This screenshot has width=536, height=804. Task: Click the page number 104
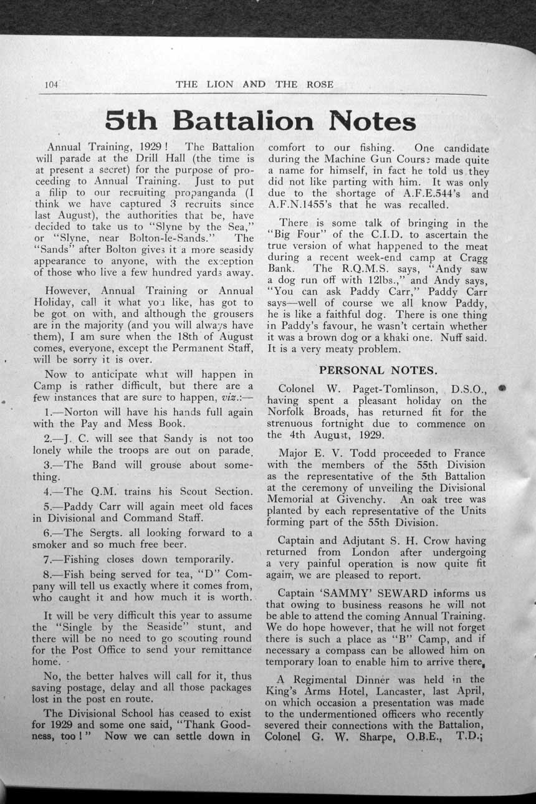(x=51, y=84)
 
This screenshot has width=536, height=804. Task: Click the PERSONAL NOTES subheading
(x=378, y=370)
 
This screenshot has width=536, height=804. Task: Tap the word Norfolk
(x=289, y=413)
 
